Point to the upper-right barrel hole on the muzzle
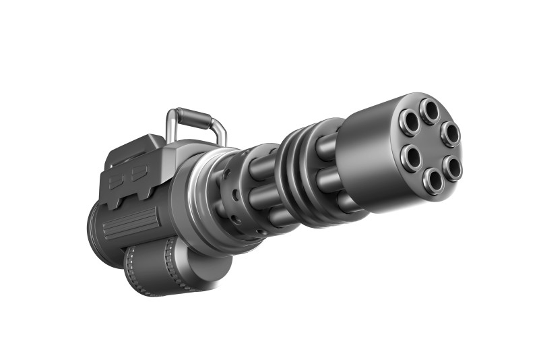click(x=451, y=133)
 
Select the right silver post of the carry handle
click(x=220, y=134)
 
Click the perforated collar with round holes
click(x=236, y=202)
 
